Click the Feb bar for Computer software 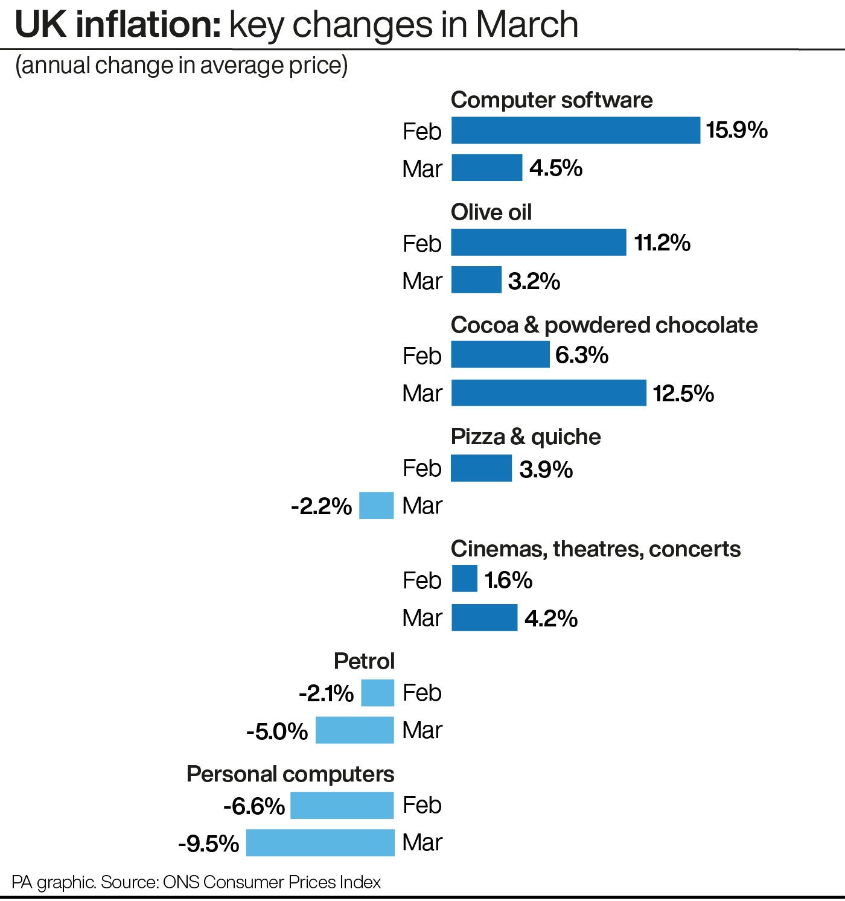click(x=575, y=130)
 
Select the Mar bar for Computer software click(x=486, y=168)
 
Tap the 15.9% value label click(x=736, y=130)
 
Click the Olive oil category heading click(x=491, y=212)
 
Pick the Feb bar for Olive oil click(x=538, y=243)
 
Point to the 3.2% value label click(x=534, y=281)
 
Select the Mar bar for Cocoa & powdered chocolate click(x=549, y=393)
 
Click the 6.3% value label click(x=581, y=355)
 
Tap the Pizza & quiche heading click(x=525, y=437)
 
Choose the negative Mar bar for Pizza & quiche click(x=376, y=506)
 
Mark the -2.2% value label click(x=321, y=506)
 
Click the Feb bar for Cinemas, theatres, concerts click(x=464, y=579)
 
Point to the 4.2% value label click(x=550, y=619)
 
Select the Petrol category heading click(x=364, y=661)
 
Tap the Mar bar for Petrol click(x=354, y=730)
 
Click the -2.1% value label click(x=326, y=693)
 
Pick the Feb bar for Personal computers click(x=342, y=806)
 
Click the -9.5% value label click(x=208, y=844)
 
